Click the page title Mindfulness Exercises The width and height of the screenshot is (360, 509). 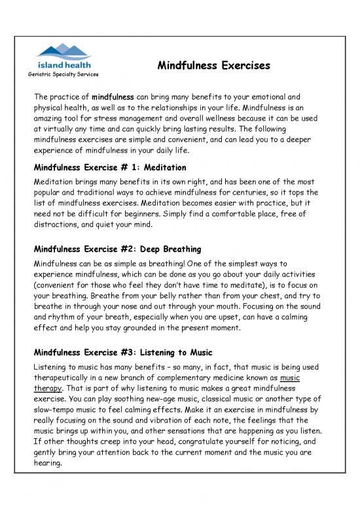coord(214,66)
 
